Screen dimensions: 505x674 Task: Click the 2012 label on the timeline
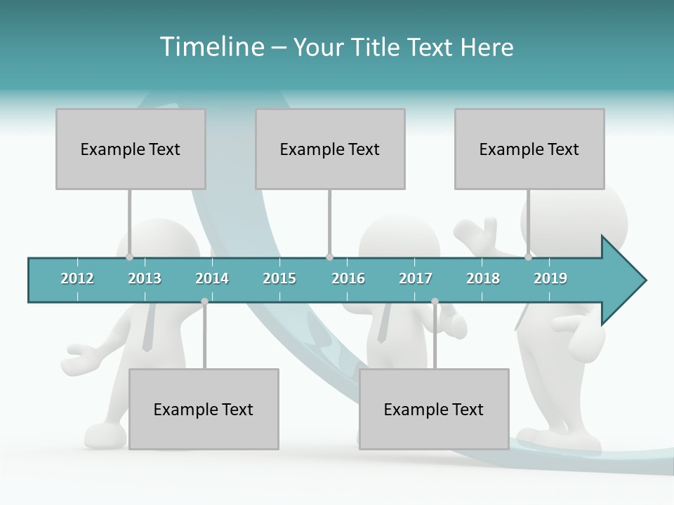[x=77, y=278]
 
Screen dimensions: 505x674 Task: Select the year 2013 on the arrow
[x=145, y=278]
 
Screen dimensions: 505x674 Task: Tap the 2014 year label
[x=212, y=278]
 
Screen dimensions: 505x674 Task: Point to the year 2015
[x=279, y=278]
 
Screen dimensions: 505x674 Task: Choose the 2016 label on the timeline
[x=348, y=278]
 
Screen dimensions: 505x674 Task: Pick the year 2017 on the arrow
[x=416, y=278]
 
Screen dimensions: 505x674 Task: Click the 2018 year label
[x=483, y=278]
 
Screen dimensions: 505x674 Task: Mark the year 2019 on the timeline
[x=550, y=278]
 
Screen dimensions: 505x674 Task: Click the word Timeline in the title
[x=211, y=47]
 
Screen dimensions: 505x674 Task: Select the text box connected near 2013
[x=131, y=149]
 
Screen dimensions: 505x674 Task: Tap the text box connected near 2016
[x=330, y=149]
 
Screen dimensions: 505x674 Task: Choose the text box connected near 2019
[x=529, y=149]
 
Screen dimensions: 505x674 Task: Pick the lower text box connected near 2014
[x=204, y=409]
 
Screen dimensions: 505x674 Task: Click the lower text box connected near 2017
[x=434, y=409]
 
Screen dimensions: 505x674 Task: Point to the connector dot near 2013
[x=129, y=257]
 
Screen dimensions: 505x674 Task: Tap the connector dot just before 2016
[x=329, y=257]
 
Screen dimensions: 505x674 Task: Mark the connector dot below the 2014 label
[x=204, y=302]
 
